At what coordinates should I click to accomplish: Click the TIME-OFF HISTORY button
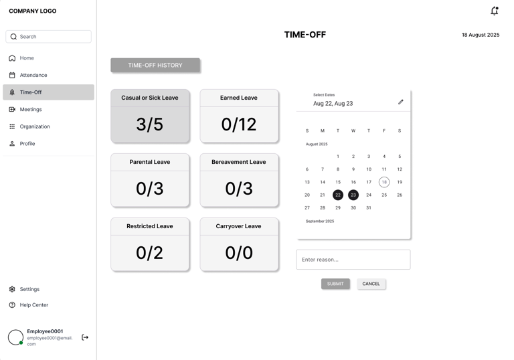155,66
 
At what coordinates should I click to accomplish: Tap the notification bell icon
495,11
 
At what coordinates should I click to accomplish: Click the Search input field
48,36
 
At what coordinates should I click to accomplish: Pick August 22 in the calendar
337,195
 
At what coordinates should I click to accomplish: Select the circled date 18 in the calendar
384,182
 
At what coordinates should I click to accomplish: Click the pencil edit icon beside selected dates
401,102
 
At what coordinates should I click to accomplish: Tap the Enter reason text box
353,260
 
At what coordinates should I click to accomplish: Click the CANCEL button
371,284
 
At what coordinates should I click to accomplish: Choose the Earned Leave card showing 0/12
239,116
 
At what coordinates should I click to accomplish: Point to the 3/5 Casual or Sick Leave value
149,124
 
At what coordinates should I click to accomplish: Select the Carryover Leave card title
238,226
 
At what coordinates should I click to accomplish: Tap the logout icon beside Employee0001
85,337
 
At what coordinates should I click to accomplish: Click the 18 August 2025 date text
481,35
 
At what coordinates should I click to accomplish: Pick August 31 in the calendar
369,207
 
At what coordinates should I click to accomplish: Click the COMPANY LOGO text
32,11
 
